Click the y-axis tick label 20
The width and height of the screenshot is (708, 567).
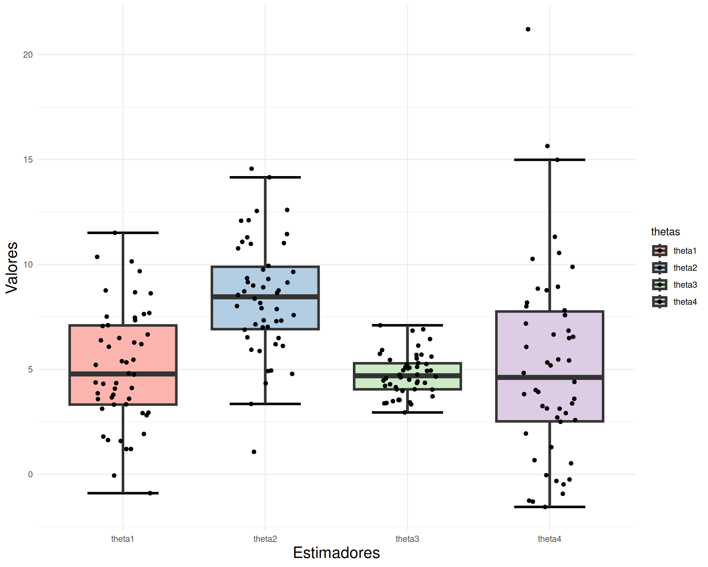click(28, 55)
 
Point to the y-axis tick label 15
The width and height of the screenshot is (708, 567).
click(28, 159)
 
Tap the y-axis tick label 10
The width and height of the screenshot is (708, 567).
click(28, 264)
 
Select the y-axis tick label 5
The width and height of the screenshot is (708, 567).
click(30, 369)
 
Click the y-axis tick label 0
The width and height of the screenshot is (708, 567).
click(30, 474)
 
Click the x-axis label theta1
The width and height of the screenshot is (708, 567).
click(122, 539)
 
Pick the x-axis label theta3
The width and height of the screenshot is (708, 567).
click(407, 539)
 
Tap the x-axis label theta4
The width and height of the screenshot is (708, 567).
click(549, 539)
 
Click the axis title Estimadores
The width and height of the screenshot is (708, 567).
click(336, 553)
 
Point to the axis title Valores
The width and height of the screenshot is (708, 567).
click(12, 268)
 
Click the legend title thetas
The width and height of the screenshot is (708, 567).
click(665, 232)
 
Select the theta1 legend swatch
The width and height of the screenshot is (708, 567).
click(659, 251)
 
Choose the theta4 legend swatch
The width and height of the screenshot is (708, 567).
click(659, 302)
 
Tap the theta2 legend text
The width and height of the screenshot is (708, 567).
click(685, 268)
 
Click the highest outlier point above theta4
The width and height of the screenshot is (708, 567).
click(528, 29)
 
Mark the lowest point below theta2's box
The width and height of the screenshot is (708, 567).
click(254, 452)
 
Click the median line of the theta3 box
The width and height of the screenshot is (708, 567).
click(407, 376)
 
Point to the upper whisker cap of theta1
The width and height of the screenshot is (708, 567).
click(123, 233)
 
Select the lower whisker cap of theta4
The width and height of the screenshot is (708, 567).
click(549, 507)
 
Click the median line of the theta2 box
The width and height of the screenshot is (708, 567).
click(265, 297)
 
